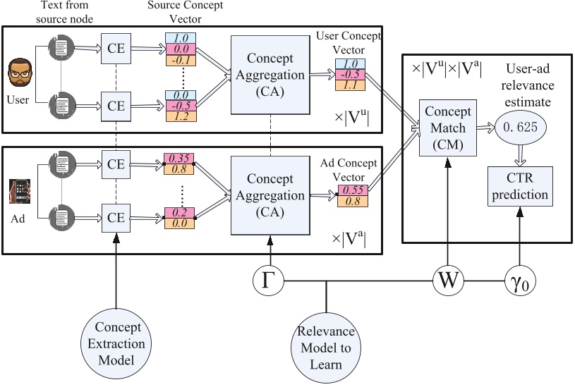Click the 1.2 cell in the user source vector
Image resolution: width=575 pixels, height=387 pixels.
pyautogui.click(x=181, y=116)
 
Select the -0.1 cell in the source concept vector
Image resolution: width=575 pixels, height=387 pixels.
pyautogui.click(x=181, y=59)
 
